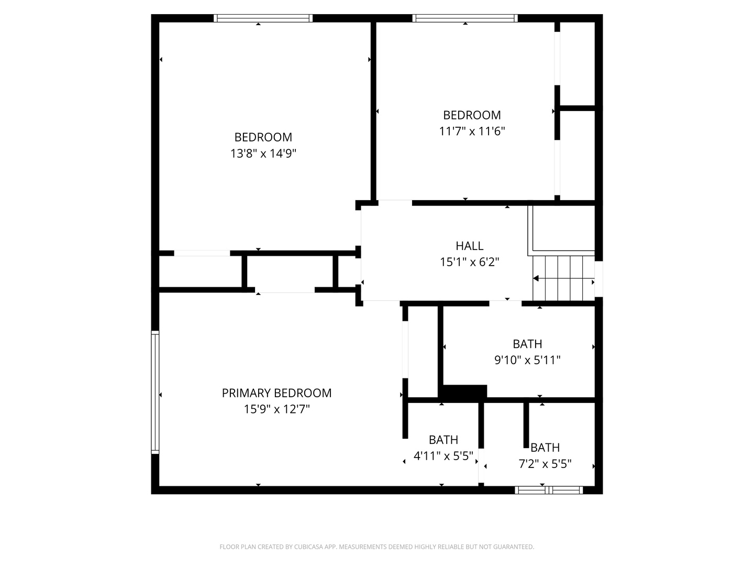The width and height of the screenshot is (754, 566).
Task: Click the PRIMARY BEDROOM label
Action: pos(276,393)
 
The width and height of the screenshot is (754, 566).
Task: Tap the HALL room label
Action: pos(469,246)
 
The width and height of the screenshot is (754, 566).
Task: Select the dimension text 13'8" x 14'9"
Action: pos(263,153)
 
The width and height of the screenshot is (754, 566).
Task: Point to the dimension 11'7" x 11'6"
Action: pos(472,131)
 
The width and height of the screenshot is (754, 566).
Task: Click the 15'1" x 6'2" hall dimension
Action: pos(469,262)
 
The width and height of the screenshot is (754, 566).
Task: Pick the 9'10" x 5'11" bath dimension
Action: pos(527,360)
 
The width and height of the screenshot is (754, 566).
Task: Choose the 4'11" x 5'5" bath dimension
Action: pos(443,456)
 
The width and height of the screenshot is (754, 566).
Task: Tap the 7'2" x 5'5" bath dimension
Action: pos(545,464)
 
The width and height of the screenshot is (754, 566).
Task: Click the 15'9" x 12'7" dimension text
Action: pos(276,409)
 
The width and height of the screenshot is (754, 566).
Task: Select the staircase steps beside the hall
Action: pos(563,278)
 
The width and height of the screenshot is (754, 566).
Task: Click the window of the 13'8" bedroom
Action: pos(263,18)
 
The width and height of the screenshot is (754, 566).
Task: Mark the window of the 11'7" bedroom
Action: pos(465,18)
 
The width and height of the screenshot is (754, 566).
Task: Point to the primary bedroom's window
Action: pos(156,392)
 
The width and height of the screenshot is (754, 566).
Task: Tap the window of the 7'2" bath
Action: pos(549,490)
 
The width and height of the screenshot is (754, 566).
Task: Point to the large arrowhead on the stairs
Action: pos(536,278)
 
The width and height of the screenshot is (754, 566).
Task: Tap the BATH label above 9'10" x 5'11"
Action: pos(527,344)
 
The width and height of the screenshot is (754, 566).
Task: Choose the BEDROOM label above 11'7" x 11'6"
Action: pos(472,115)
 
